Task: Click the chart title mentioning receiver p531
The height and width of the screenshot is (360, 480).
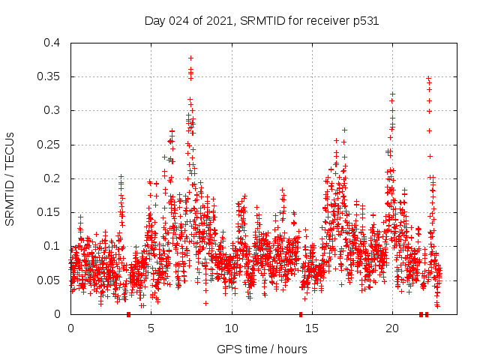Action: click(x=261, y=21)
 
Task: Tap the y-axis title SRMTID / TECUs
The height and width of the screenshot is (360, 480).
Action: click(x=10, y=178)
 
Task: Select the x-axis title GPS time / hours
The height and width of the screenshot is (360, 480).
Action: click(x=262, y=349)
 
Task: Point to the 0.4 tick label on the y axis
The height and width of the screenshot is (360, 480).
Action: click(x=52, y=43)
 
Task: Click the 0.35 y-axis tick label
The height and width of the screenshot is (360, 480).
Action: click(x=49, y=76)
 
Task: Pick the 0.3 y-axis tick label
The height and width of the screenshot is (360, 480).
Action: click(x=52, y=110)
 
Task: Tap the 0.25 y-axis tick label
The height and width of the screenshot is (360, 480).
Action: click(x=49, y=145)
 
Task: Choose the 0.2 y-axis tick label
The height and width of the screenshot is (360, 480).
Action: click(x=52, y=178)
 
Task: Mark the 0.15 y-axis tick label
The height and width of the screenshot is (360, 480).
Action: click(x=49, y=212)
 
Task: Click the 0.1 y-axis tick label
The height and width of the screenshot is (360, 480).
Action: click(x=52, y=246)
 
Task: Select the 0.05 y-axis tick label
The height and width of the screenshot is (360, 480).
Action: click(x=49, y=280)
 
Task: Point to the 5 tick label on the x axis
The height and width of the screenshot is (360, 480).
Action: click(x=151, y=328)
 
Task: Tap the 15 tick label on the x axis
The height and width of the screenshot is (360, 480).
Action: click(x=311, y=328)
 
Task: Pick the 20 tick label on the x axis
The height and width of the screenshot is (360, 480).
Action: click(x=392, y=328)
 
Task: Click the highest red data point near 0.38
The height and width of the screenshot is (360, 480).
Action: click(x=190, y=58)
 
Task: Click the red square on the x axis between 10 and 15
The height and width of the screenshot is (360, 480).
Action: click(x=301, y=314)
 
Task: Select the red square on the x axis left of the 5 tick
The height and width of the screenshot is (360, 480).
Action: click(x=129, y=314)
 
